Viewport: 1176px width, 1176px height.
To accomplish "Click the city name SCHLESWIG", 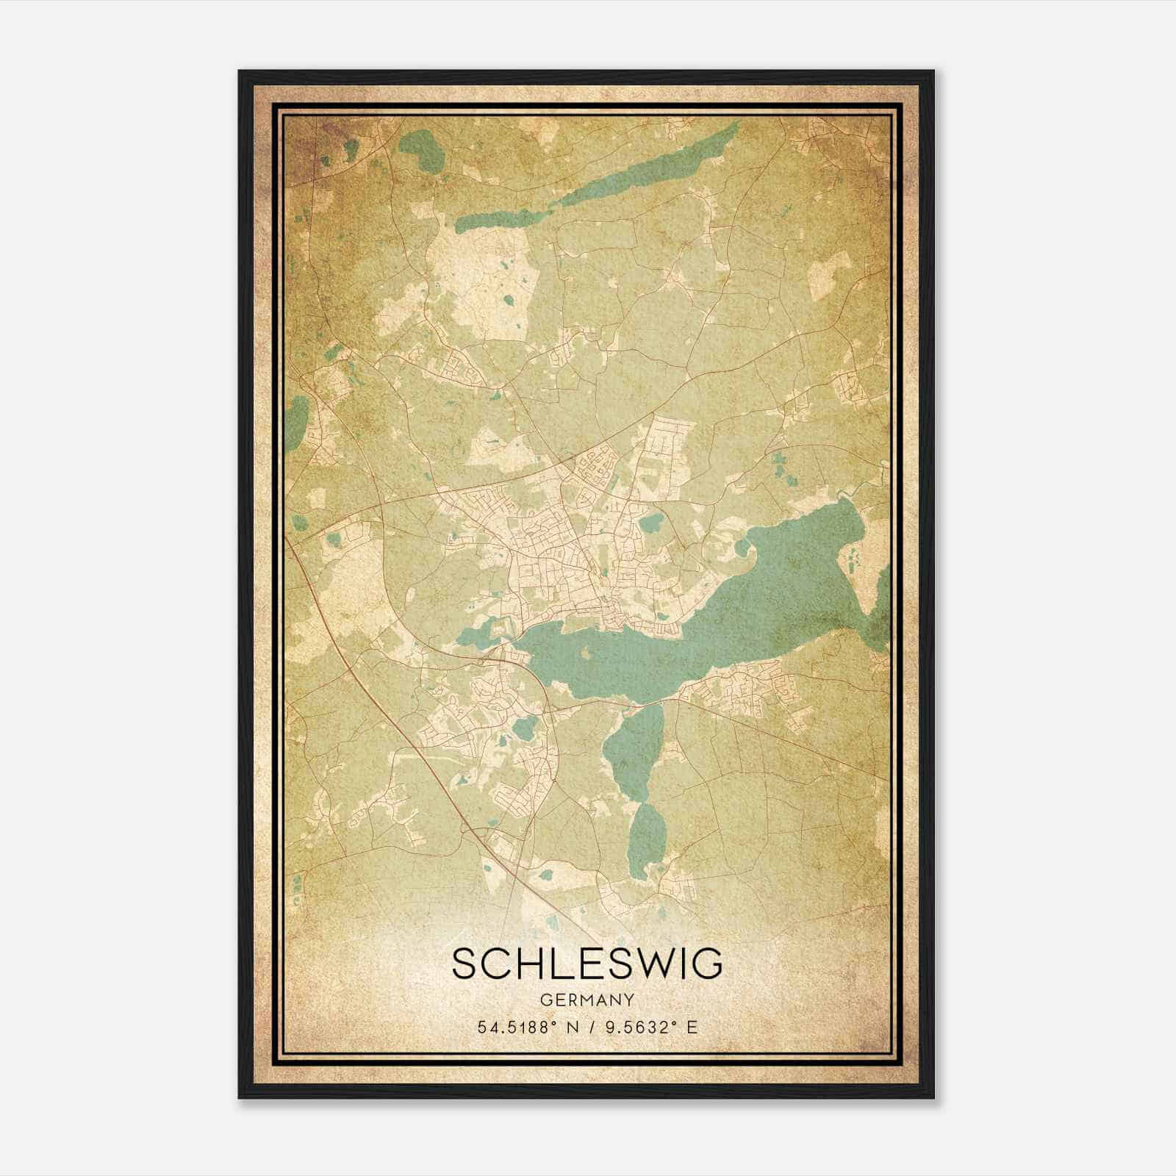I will point(587,964).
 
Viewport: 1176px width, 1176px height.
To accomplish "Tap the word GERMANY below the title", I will point(587,1000).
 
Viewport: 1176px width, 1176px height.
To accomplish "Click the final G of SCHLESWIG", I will point(707,964).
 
